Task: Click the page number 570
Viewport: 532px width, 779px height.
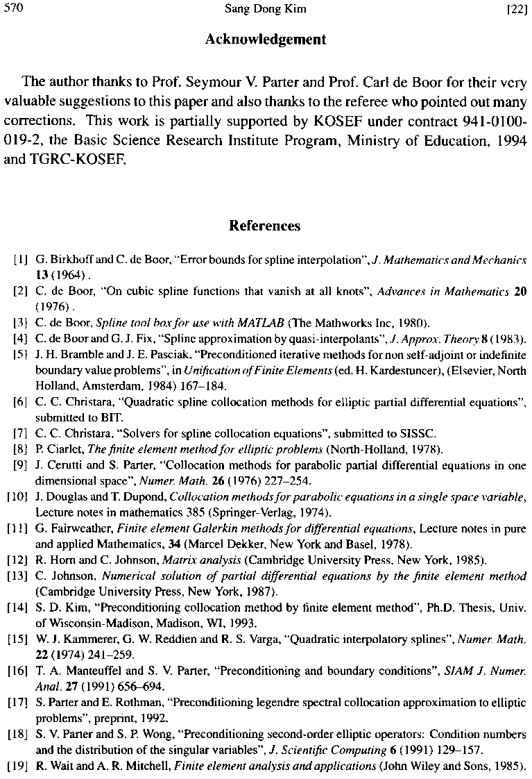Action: click(13, 9)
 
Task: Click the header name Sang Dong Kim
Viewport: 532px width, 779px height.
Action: click(266, 9)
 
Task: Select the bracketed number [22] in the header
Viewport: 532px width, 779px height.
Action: click(517, 9)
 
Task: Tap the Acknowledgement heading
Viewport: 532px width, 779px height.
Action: click(265, 40)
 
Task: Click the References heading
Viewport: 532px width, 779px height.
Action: click(264, 226)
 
